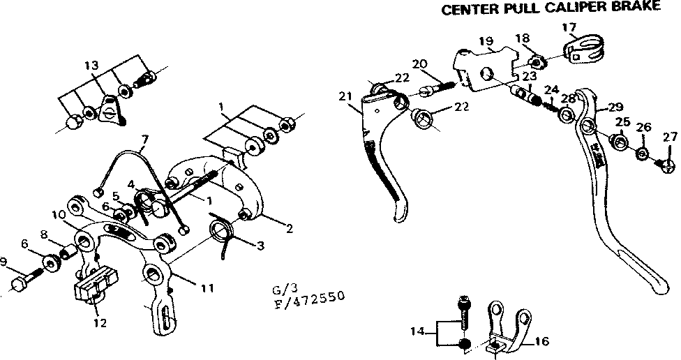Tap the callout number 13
click(x=91, y=66)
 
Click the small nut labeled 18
click(x=538, y=59)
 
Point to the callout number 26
click(x=643, y=127)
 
